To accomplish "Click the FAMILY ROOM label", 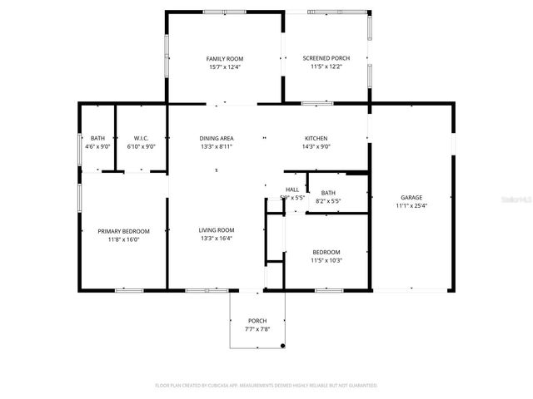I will point(224,58).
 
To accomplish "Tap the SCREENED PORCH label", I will point(326,58).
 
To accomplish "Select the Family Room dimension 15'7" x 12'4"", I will point(224,66).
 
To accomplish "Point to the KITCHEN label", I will point(316,138).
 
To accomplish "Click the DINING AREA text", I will point(216,138).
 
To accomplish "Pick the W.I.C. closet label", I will point(135,138).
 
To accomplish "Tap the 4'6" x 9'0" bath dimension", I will point(97,146).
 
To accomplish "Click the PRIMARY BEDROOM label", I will point(123,230).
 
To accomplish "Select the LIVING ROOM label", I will point(216,230).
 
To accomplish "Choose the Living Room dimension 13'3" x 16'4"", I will point(216,239).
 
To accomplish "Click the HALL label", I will point(291,190).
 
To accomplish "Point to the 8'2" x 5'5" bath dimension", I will point(328,200).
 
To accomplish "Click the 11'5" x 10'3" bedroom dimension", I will point(326,260).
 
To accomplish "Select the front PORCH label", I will point(257,321).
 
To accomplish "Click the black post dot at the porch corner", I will point(283,346).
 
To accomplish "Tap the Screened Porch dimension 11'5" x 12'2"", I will point(326,66).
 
